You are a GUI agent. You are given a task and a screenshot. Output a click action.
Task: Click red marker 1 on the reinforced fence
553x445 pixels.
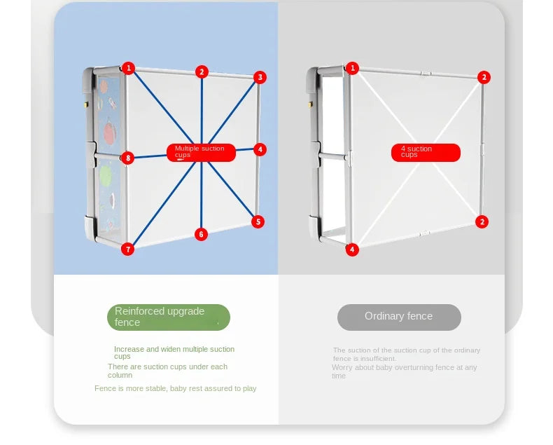[x=128, y=68]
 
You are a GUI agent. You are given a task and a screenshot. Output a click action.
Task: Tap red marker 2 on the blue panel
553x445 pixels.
[x=202, y=71]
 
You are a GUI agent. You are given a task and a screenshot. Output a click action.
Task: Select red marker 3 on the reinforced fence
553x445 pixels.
[x=260, y=77]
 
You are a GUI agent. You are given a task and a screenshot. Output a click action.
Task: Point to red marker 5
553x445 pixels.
[x=258, y=221]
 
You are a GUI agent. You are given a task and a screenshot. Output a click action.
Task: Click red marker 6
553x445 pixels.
[x=202, y=234]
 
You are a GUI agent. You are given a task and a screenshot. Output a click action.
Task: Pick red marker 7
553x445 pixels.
[x=127, y=249]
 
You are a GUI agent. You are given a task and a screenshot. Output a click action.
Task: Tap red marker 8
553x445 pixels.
[x=127, y=158]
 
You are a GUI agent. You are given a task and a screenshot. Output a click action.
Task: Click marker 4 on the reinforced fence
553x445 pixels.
[x=260, y=149]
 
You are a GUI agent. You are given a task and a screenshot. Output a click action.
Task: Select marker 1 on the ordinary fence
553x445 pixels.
[x=352, y=68]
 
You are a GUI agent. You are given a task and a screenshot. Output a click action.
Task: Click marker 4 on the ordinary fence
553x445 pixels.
[x=352, y=249]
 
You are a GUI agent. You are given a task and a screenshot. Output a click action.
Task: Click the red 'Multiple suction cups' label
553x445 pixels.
[x=201, y=152]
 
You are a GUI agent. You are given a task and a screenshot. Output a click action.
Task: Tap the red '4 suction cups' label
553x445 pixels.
[x=426, y=152]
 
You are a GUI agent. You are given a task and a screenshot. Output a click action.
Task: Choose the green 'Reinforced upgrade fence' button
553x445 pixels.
[x=169, y=317]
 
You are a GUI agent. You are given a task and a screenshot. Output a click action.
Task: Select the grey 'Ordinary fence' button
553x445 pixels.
[x=399, y=317]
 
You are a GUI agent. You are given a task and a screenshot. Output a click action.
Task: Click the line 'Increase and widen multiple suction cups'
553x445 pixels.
[x=174, y=352]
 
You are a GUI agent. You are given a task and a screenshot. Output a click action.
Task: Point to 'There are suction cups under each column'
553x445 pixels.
[x=167, y=371]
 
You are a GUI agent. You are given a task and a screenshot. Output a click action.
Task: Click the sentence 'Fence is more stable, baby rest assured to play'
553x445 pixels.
[x=176, y=388]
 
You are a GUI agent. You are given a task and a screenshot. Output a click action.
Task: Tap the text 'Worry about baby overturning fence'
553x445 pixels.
[x=404, y=371]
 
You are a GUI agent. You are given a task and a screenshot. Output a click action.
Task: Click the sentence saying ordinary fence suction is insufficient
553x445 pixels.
[x=406, y=354]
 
